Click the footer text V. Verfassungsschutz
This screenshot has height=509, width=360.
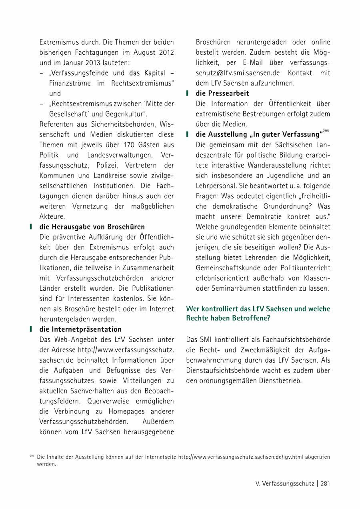(285, 483)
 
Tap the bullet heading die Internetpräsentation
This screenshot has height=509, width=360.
(80, 329)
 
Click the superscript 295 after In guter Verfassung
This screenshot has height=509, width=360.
(326, 131)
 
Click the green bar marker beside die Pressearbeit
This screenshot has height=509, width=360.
(187, 93)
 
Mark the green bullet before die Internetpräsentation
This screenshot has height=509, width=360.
(31, 329)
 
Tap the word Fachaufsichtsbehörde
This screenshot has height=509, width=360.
(296, 339)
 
